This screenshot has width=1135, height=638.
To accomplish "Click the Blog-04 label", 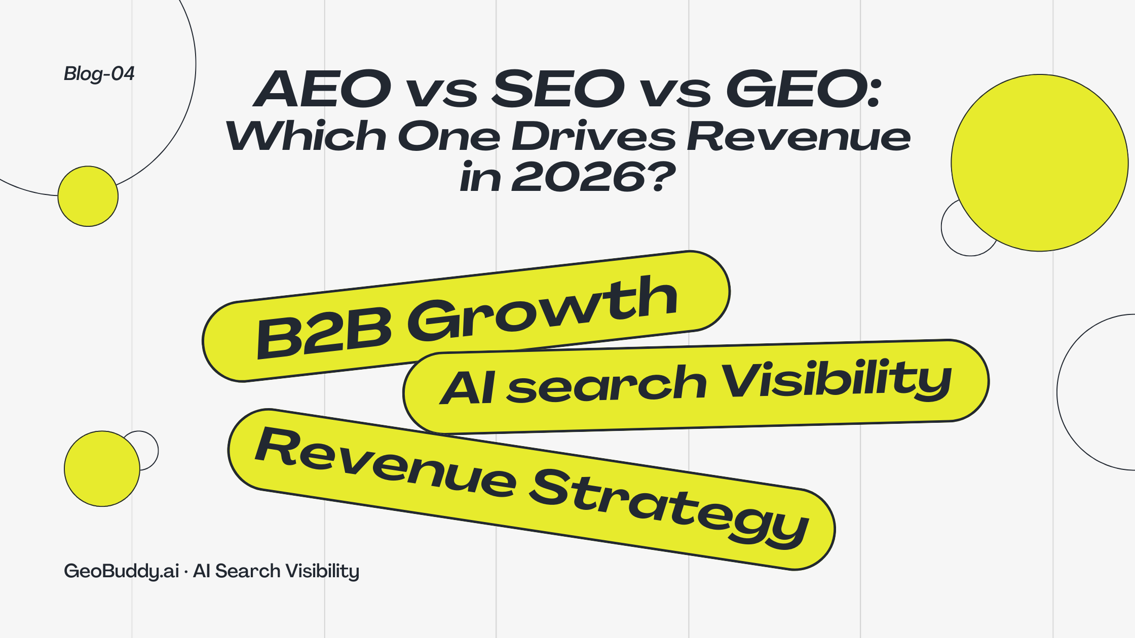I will point(99,74).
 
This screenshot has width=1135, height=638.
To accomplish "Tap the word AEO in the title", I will point(322,89).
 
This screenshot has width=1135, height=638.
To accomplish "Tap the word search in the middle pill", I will point(607,386).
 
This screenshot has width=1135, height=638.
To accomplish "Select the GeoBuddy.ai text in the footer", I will point(122,571).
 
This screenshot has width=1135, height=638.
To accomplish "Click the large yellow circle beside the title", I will point(1039,163).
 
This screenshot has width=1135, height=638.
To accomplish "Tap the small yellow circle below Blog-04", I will point(88,196).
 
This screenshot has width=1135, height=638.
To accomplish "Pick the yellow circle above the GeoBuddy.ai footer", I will point(102,468).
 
